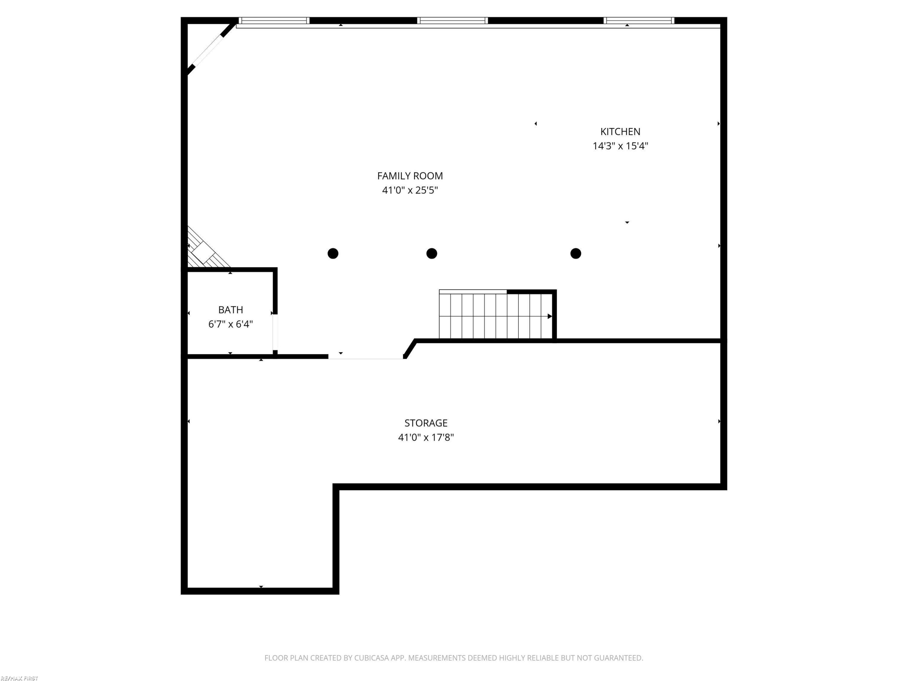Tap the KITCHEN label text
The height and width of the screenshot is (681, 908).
tap(620, 131)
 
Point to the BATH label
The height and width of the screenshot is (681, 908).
tap(230, 310)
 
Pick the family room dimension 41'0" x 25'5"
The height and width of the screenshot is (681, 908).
tap(410, 190)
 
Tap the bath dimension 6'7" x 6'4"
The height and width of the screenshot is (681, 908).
tap(230, 324)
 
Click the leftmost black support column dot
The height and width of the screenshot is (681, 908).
tap(333, 254)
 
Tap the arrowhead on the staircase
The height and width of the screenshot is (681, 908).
tap(550, 316)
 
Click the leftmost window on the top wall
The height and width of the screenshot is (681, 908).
tap(274, 21)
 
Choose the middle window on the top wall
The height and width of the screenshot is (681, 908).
tap(452, 21)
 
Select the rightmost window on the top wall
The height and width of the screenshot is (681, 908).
tap(639, 21)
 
